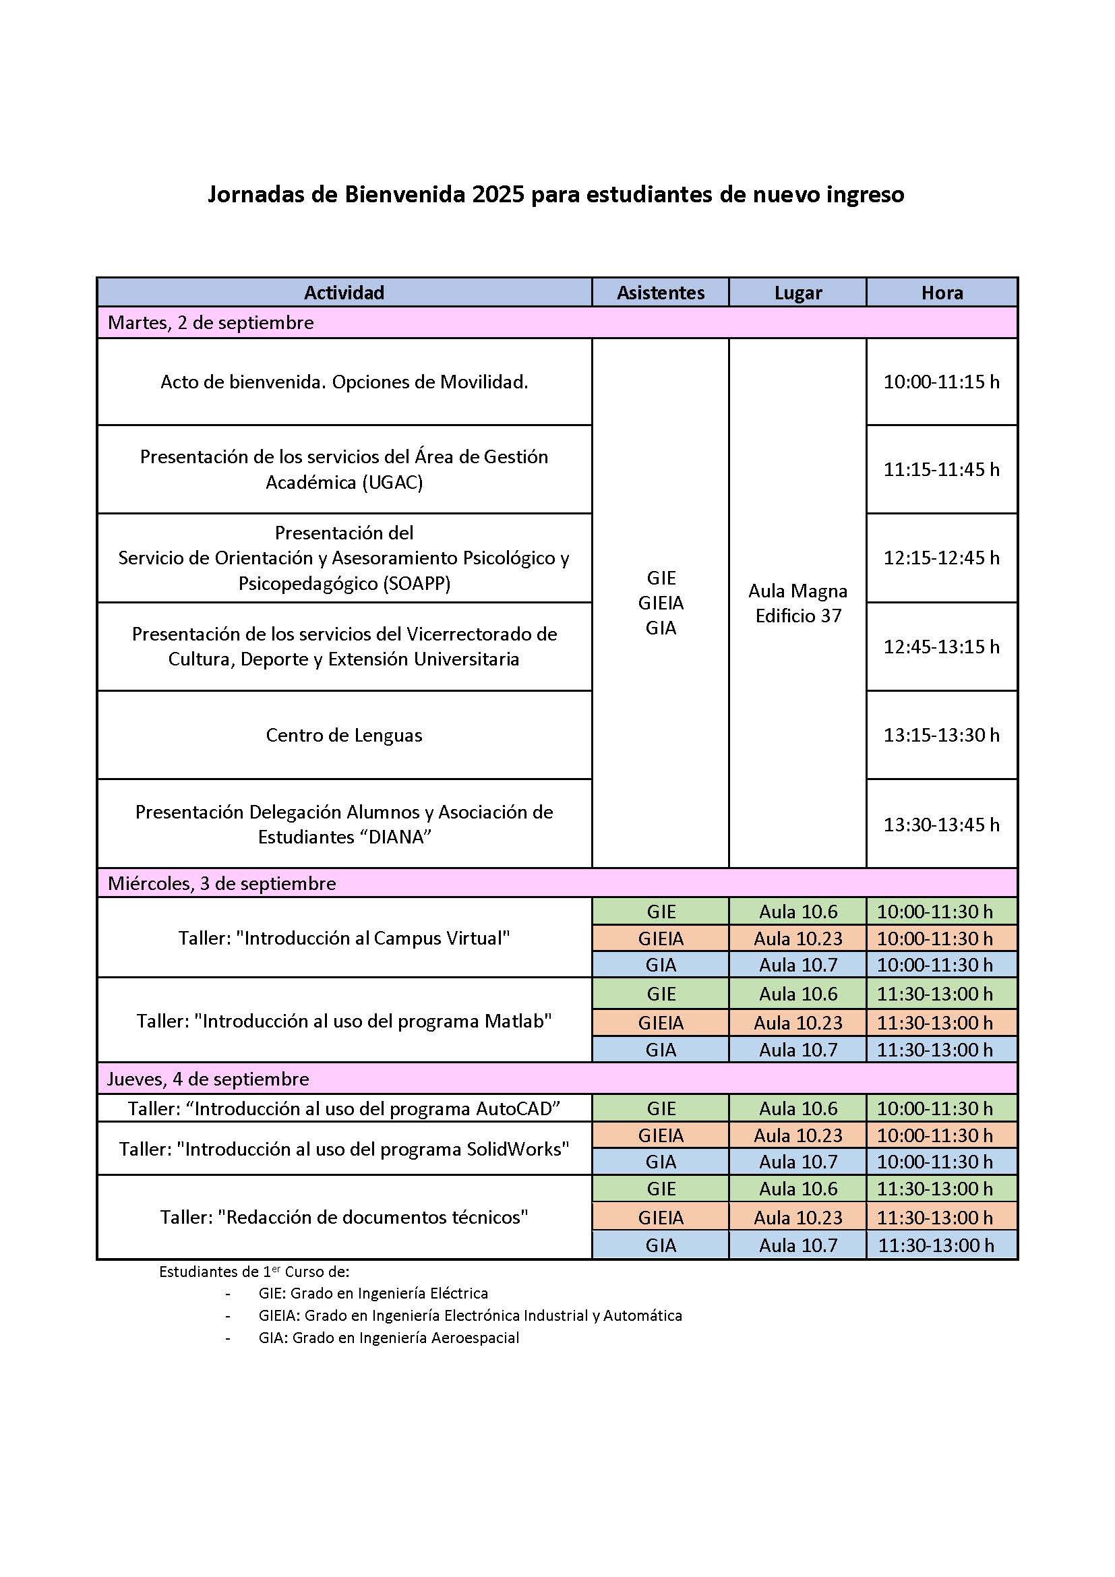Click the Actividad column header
pos(344,293)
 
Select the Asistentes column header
pos(660,293)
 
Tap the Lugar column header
pos(797,293)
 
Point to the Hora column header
pos(942,293)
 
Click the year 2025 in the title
pos(498,195)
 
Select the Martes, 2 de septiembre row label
pos(211,323)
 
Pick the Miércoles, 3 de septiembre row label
pos(222,883)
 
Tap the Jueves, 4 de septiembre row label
pos(208,1079)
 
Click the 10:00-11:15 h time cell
pos(941,382)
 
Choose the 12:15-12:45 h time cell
pos(941,558)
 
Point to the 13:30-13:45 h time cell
pos(941,824)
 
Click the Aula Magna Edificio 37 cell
pos(797,603)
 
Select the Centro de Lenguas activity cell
pos(344,735)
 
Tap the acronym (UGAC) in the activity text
pos(392,483)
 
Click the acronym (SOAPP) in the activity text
pos(417,584)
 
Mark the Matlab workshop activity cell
pos(344,1021)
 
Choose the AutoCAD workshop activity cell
pos(344,1108)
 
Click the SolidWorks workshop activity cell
pos(344,1149)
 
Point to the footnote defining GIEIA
pos(470,1315)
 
